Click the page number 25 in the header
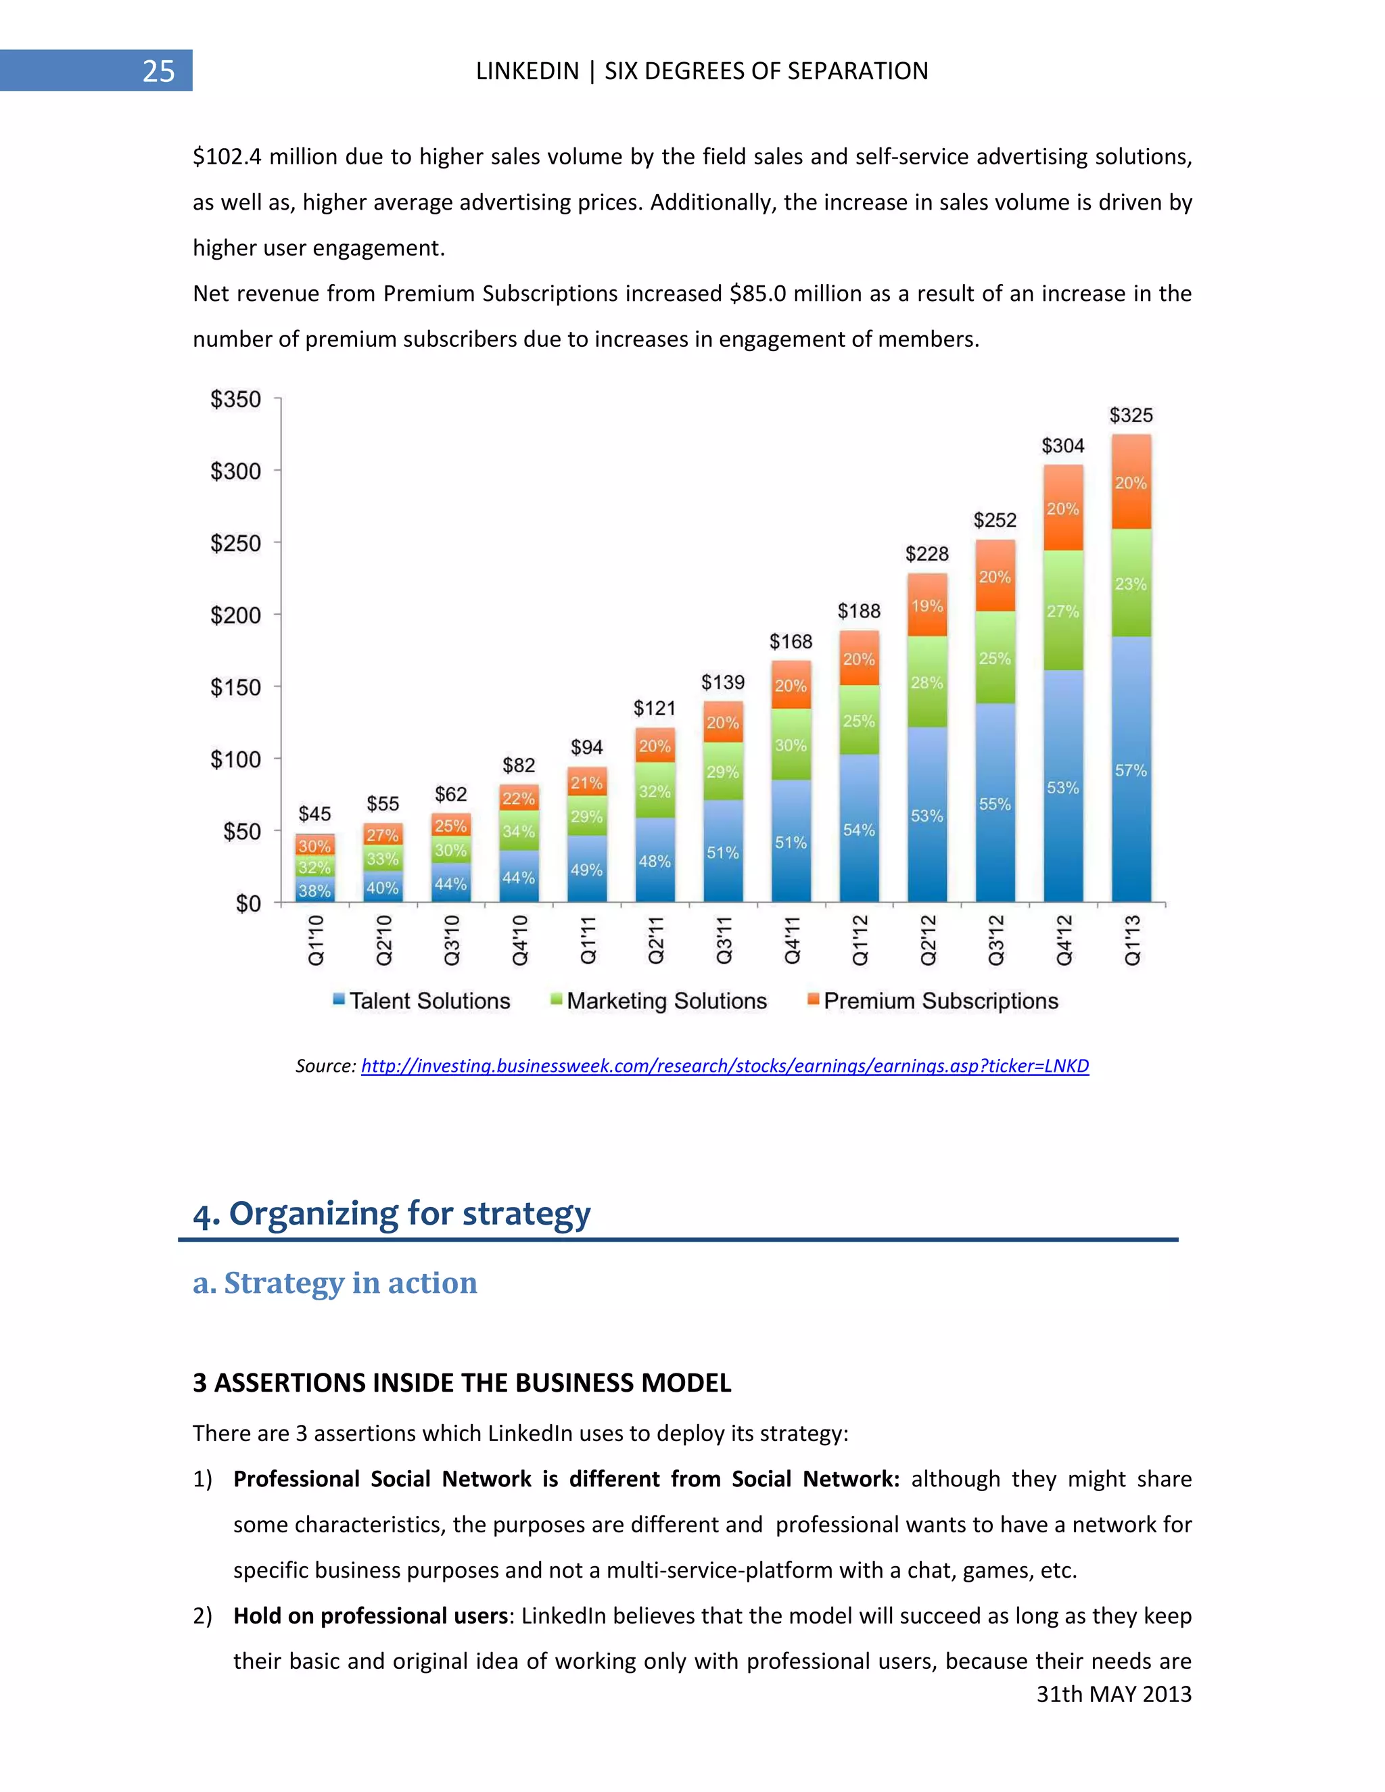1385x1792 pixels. tap(158, 72)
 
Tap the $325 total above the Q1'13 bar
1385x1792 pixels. tap(1131, 415)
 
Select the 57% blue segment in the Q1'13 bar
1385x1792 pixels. tap(1131, 770)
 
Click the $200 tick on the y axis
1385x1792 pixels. tap(235, 615)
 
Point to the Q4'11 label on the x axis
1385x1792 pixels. tap(792, 941)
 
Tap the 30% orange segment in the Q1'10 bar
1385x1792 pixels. tap(314, 846)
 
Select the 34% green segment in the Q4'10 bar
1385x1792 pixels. tap(519, 831)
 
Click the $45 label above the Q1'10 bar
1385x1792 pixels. tap(314, 814)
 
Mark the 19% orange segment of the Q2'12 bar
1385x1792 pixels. tap(927, 607)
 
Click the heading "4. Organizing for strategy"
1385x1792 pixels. tap(392, 1214)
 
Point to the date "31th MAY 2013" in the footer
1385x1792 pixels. tap(1113, 1695)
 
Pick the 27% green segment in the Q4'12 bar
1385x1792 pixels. tap(1062, 611)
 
